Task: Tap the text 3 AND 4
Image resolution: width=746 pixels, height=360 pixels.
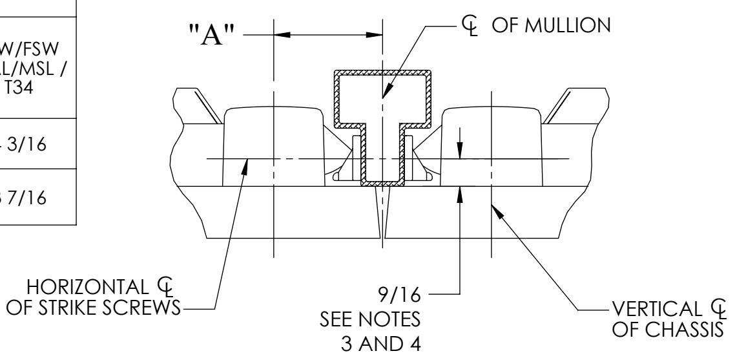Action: [x=399, y=343]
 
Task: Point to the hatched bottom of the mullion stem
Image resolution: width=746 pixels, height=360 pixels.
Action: [x=382, y=184]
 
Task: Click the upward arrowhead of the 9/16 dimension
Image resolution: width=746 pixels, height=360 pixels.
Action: [x=460, y=193]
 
